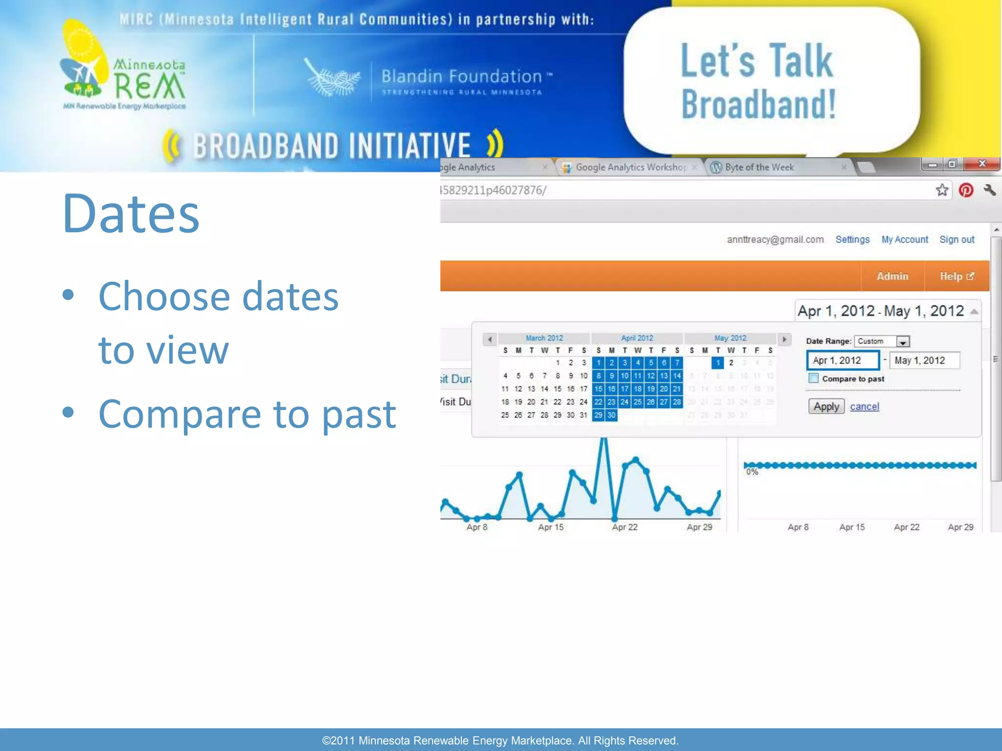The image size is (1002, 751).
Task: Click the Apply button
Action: [x=826, y=406]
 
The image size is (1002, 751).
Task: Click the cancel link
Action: [x=864, y=406]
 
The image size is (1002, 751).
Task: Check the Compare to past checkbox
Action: [x=813, y=378]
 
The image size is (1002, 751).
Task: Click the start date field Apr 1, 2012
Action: [x=843, y=360]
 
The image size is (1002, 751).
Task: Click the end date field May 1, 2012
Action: [x=924, y=360]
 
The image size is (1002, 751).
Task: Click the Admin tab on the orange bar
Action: [x=892, y=276]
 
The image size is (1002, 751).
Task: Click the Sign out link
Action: [x=956, y=240]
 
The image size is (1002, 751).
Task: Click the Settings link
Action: [x=852, y=240]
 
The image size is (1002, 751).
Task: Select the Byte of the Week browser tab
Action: [x=759, y=167]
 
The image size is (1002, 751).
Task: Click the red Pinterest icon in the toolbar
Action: [x=965, y=190]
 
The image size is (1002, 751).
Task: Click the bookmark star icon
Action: [x=942, y=190]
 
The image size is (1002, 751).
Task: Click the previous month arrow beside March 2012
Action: [x=489, y=339]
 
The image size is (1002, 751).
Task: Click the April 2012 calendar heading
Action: [x=637, y=338]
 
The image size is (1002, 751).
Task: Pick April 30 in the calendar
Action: [x=611, y=415]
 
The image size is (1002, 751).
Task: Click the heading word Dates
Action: [x=131, y=214]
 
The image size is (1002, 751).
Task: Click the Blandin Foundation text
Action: [x=461, y=77]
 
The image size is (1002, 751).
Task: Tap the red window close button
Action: [x=981, y=164]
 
